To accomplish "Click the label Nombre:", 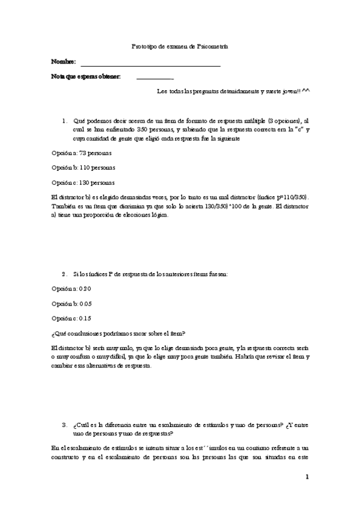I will (64, 62).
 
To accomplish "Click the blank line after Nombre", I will (150, 65).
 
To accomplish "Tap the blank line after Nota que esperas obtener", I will (154, 78).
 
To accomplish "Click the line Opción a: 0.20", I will (72, 289).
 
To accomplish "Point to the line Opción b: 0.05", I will (72, 304).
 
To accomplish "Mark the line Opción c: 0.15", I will (72, 318).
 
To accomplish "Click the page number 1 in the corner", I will (307, 478).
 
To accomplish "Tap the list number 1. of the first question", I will (64, 120).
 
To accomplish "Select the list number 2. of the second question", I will (64, 274).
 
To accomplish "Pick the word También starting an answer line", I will (63, 206).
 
